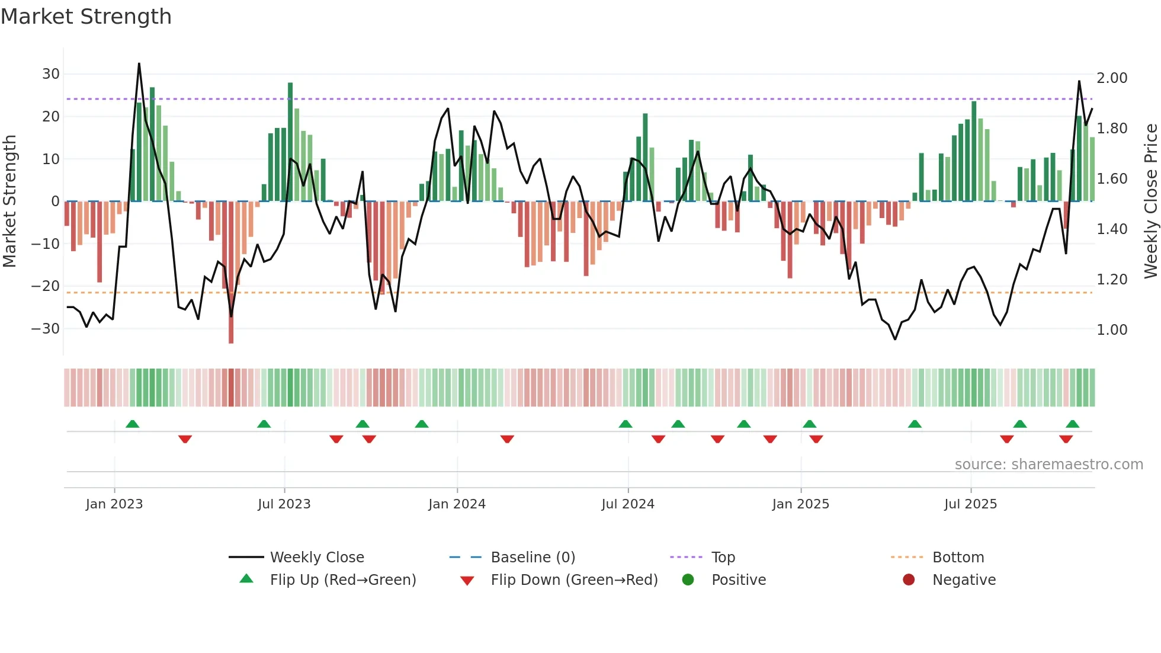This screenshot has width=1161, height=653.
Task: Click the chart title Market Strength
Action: click(x=86, y=17)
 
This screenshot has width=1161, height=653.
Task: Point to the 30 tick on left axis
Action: click(x=51, y=74)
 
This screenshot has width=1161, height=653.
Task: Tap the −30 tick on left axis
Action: click(x=46, y=329)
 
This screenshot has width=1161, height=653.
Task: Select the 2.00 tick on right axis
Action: click(x=1112, y=78)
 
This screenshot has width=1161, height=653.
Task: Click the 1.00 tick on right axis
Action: click(x=1112, y=330)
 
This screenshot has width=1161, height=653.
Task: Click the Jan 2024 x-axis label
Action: click(x=457, y=504)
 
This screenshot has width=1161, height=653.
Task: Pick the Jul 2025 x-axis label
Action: click(x=970, y=504)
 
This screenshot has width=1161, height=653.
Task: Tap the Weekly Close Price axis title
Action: click(x=1150, y=201)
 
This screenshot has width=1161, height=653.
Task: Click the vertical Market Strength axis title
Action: click(x=10, y=201)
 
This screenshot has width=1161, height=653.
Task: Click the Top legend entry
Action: click(x=723, y=558)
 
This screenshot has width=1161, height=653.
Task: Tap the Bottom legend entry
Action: click(x=958, y=558)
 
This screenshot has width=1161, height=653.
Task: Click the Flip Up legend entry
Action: click(x=342, y=580)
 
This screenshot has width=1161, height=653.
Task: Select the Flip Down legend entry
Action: click(x=574, y=580)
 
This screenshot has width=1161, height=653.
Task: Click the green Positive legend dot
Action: click(x=688, y=580)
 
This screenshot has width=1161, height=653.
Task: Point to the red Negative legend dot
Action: click(x=909, y=580)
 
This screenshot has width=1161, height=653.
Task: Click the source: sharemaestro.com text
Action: click(x=1048, y=465)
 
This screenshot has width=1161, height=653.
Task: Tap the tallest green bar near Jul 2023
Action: click(x=290, y=142)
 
